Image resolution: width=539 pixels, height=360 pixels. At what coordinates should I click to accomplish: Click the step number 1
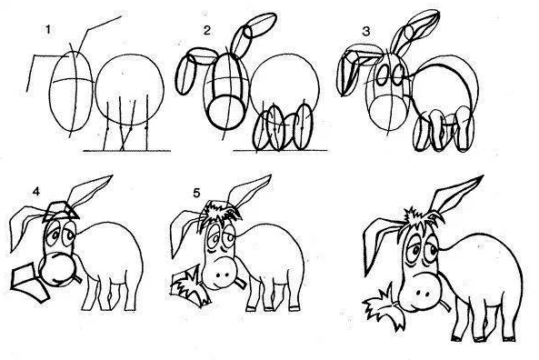(48, 30)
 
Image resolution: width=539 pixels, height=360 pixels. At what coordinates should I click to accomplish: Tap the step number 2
(206, 31)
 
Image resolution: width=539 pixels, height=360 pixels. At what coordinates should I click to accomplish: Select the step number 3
(365, 31)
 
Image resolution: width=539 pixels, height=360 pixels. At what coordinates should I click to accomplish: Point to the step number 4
(35, 192)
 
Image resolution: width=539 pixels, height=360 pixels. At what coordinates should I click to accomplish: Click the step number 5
(196, 193)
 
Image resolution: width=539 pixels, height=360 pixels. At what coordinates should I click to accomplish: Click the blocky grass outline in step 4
(29, 282)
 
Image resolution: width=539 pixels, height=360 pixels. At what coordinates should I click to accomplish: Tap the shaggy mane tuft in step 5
(222, 213)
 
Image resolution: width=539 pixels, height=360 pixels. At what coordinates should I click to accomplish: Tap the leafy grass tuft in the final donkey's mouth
(384, 306)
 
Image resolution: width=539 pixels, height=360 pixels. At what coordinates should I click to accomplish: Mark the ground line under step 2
(280, 150)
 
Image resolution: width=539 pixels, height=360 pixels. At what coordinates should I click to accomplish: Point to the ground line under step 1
(127, 151)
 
